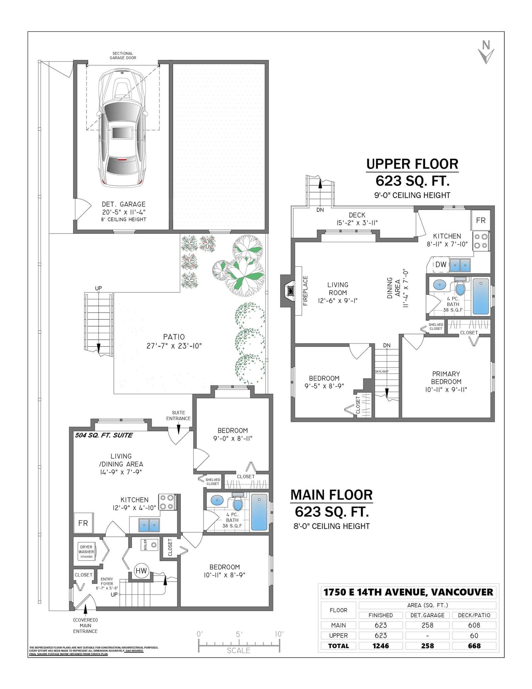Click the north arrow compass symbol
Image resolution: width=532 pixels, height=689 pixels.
[486, 52]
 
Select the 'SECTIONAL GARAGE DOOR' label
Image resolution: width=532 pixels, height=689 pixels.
[123, 56]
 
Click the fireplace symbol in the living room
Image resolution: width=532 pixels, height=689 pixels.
[291, 291]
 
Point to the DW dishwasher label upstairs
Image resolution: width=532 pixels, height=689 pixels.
[441, 264]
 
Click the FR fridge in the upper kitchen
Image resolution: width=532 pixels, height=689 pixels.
[480, 220]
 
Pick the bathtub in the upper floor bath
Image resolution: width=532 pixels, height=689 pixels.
[481, 296]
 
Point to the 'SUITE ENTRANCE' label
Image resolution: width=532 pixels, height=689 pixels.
[179, 416]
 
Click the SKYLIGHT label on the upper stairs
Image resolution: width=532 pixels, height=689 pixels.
[382, 371]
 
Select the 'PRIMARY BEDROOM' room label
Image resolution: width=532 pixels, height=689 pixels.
[446, 378]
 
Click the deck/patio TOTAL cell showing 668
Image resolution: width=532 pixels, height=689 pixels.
[474, 646]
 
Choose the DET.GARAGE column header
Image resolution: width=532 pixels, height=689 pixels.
[427, 615]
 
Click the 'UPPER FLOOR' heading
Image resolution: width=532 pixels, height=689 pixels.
[412, 164]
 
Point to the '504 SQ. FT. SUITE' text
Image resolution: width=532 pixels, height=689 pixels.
[104, 435]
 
